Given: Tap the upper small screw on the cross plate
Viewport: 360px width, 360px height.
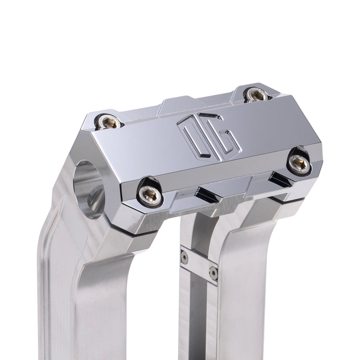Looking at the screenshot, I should [184, 257].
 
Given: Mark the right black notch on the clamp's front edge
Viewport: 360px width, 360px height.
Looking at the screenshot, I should [280, 178].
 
